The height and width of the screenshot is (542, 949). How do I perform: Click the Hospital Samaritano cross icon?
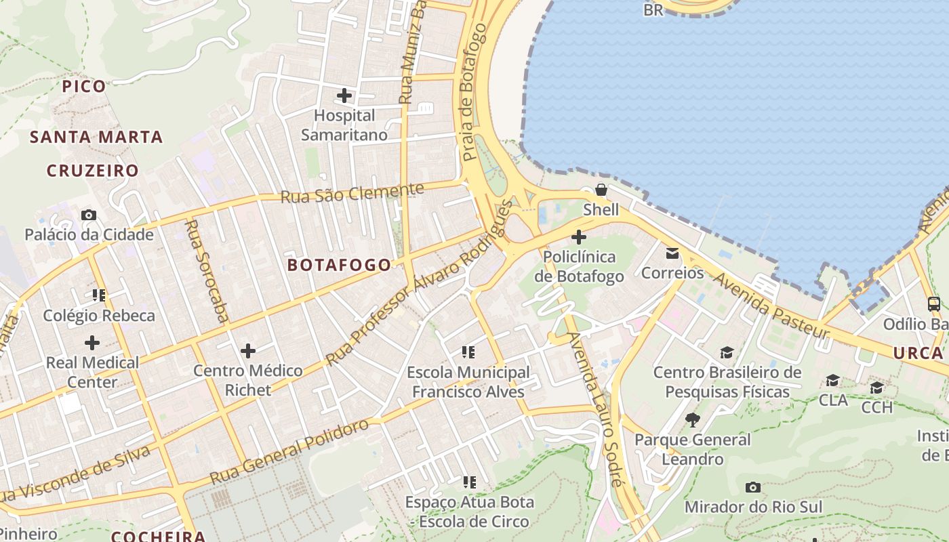point(344,96)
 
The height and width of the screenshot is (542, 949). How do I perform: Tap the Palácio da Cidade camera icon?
point(89,215)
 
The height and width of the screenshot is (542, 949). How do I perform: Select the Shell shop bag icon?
point(601,190)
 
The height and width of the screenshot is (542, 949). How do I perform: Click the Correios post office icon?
point(672,253)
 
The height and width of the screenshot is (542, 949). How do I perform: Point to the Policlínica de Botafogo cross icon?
point(579,237)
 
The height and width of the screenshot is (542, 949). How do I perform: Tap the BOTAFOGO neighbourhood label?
point(340,265)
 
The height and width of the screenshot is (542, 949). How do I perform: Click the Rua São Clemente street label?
point(352,194)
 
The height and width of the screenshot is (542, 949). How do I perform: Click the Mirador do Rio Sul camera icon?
point(752,487)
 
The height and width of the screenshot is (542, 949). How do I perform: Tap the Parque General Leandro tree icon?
point(692,420)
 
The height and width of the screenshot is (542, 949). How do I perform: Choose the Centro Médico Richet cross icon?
point(248,351)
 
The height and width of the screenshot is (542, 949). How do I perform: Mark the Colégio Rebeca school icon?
point(99,295)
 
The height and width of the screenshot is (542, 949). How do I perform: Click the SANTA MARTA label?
point(96,137)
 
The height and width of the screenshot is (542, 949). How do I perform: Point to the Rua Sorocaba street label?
point(207,270)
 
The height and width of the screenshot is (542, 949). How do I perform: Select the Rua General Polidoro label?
point(289,452)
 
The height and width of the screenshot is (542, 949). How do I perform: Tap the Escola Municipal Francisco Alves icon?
point(468,352)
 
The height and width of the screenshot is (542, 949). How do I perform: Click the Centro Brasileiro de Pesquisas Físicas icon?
point(727,352)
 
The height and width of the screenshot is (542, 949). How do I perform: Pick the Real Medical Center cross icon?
point(92,342)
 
